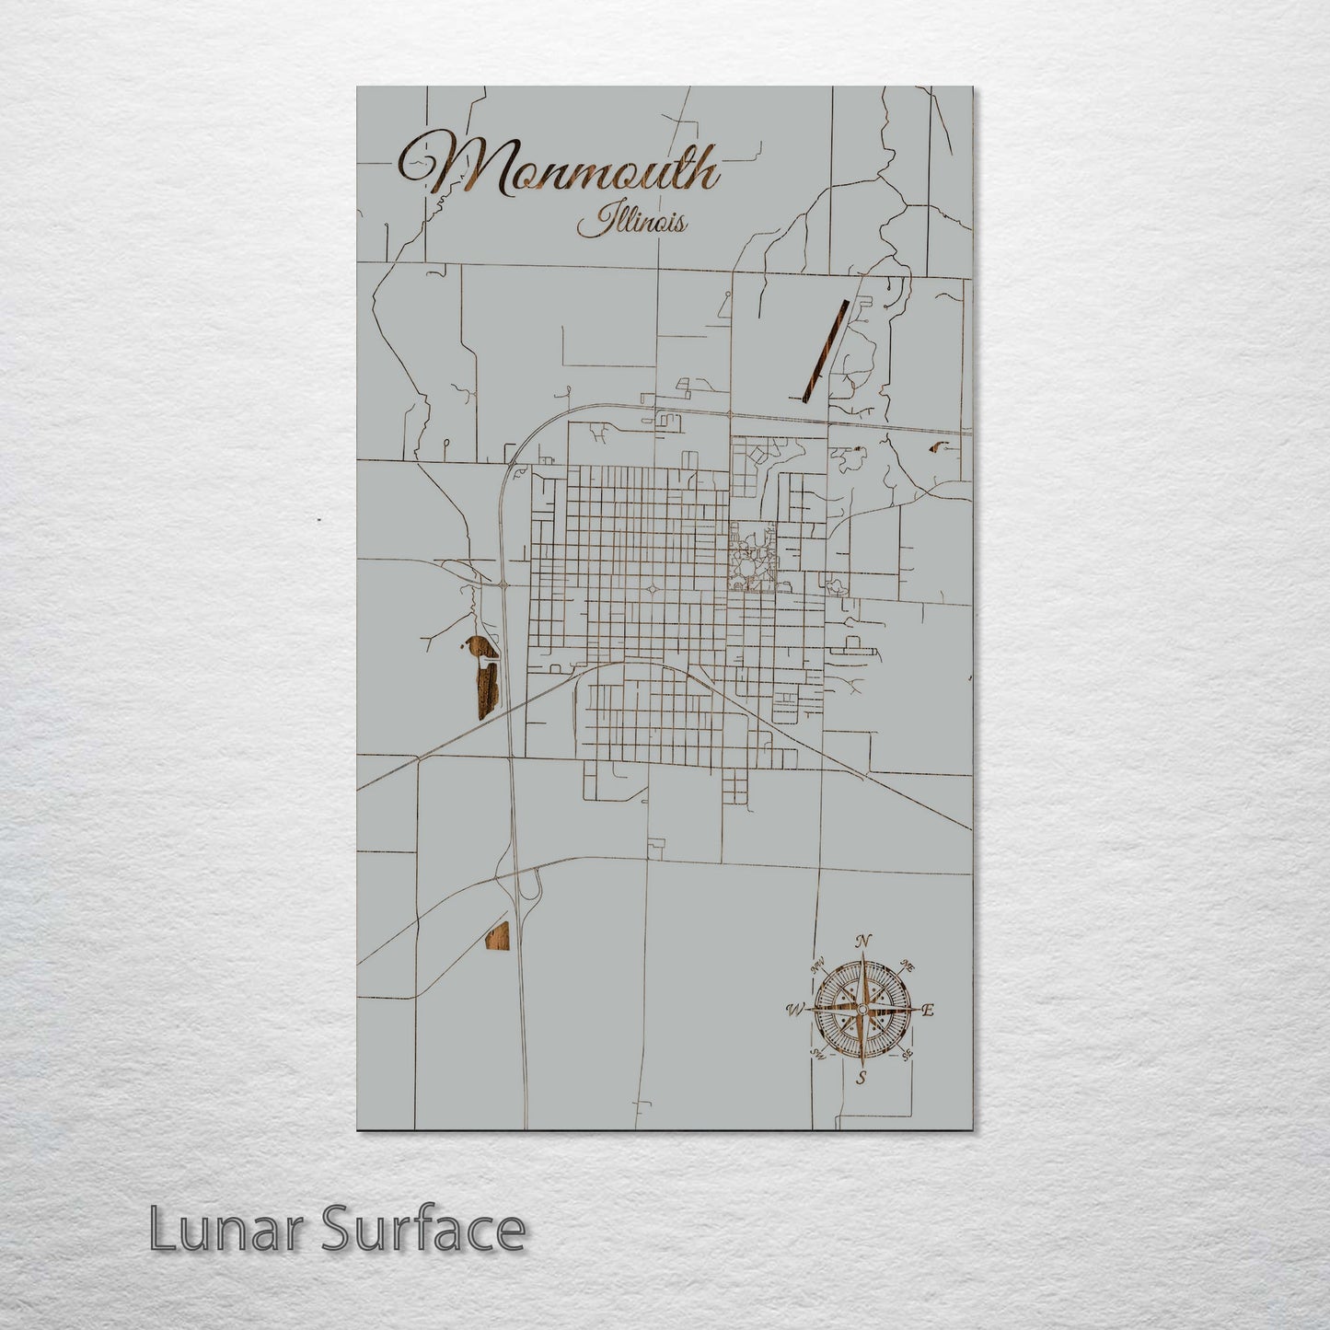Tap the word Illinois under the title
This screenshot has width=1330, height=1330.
click(631, 223)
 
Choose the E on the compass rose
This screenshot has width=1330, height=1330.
click(929, 1011)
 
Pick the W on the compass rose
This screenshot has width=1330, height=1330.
click(794, 1011)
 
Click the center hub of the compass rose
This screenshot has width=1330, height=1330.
click(862, 1010)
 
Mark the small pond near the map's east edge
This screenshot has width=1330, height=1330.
click(940, 447)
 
